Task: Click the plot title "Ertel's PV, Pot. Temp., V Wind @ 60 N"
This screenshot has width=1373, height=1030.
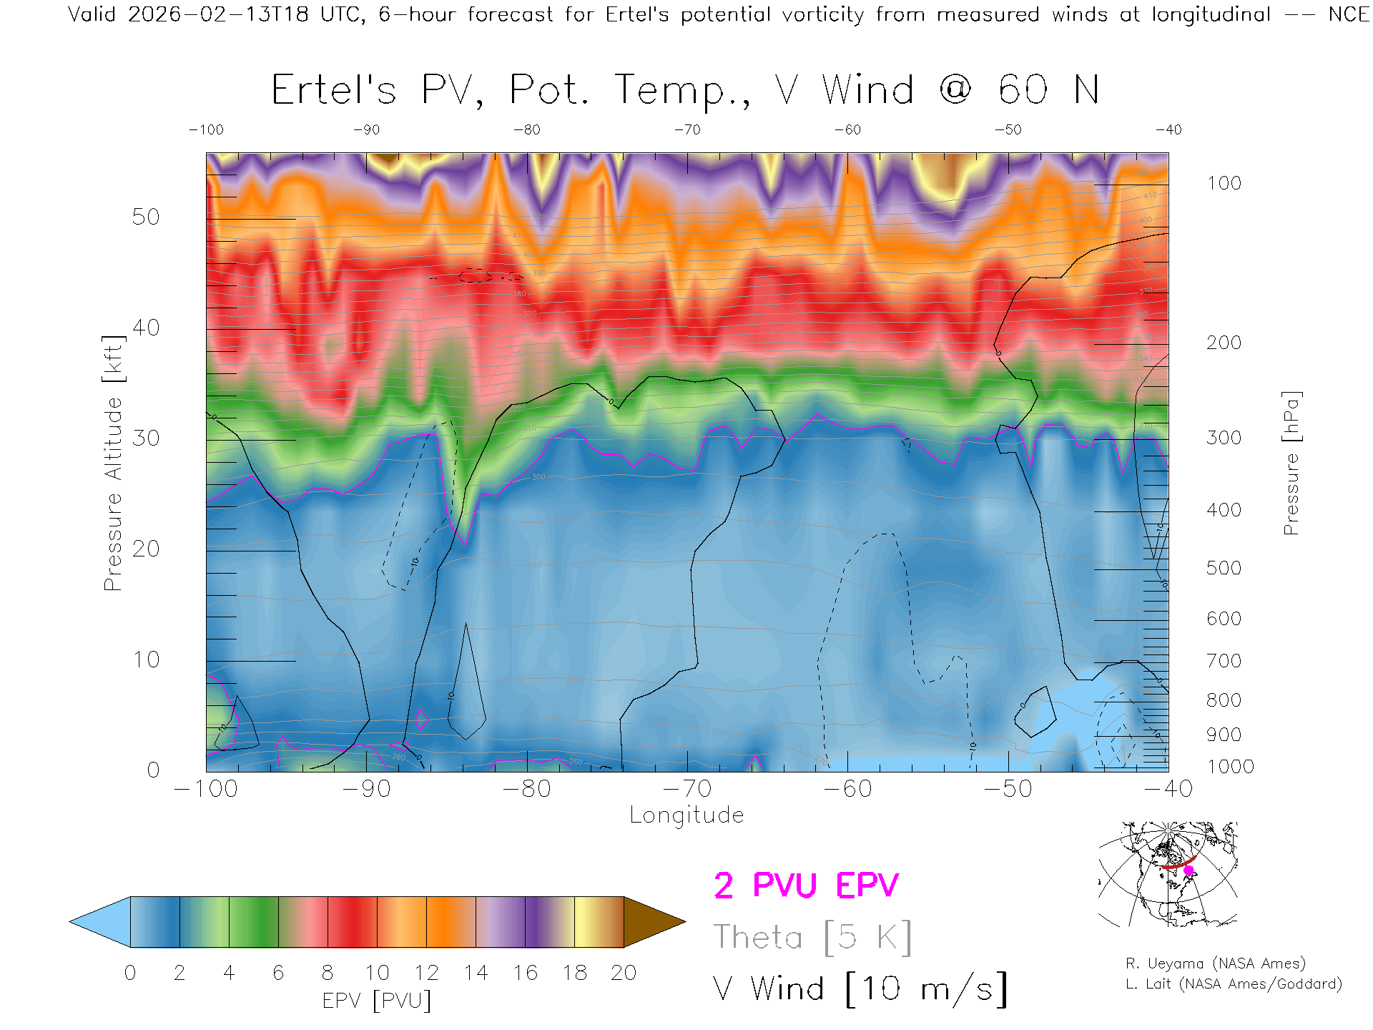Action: coord(685,91)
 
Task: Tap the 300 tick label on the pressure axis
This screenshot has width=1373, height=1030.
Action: coord(1224,438)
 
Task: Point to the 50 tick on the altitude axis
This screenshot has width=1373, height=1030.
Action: coord(145,217)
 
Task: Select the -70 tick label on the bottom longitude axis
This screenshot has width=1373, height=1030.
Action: coord(687,789)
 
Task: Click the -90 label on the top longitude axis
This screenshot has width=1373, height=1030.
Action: coord(366,130)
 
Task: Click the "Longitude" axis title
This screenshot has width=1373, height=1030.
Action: coord(686,815)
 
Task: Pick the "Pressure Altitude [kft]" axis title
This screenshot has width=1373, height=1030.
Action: coord(114,463)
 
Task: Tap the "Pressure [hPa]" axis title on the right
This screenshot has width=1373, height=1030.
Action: coord(1291,463)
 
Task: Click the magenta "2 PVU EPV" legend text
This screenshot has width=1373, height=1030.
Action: coord(806,886)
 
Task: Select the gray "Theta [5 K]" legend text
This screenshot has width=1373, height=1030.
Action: coord(812,937)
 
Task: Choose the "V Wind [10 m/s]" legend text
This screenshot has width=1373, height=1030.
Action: coord(860,989)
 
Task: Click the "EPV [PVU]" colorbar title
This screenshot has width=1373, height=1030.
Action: coord(376,1001)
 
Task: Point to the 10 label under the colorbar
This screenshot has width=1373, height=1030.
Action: coord(377,973)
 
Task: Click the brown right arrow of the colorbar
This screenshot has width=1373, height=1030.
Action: coord(653,922)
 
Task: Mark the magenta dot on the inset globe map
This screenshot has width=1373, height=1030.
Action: coord(1189,870)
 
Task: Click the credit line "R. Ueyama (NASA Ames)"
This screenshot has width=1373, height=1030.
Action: coord(1215,963)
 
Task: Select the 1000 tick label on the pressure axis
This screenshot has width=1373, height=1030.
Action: coord(1230,767)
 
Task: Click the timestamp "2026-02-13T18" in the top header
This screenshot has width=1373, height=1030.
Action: coord(218,14)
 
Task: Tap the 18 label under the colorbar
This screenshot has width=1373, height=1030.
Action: coord(574,973)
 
